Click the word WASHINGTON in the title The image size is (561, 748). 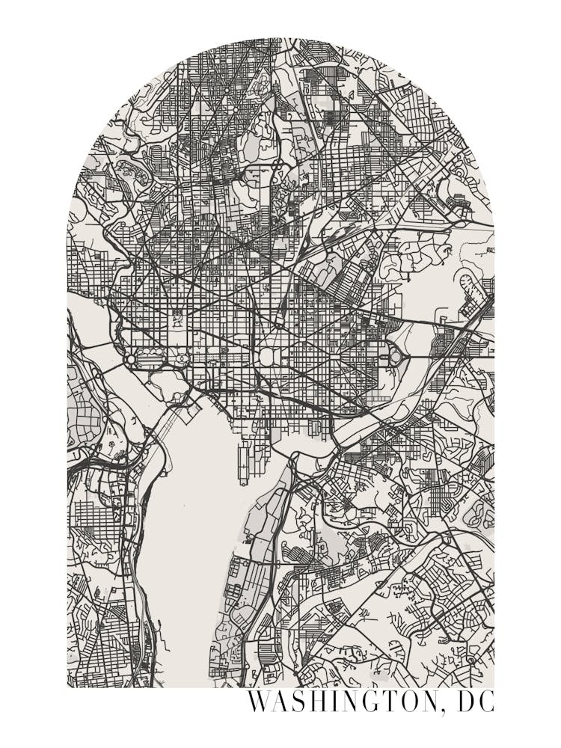[x=340, y=702]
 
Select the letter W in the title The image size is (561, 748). [x=258, y=702]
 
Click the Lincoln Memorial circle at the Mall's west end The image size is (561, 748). [x=131, y=360]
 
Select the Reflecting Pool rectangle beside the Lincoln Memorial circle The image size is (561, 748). [x=152, y=359]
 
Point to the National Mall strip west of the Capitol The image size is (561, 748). [x=224, y=357]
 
